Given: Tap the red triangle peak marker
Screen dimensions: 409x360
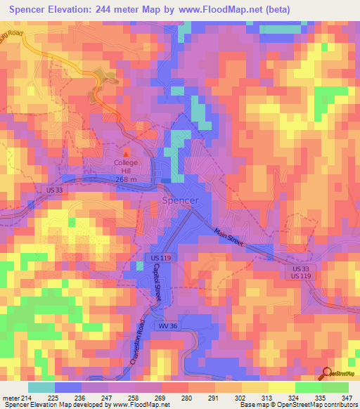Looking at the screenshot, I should [127, 152].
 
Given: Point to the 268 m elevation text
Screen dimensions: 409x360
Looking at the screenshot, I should [127, 179].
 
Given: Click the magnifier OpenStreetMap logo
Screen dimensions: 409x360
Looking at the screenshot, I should [327, 374].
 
